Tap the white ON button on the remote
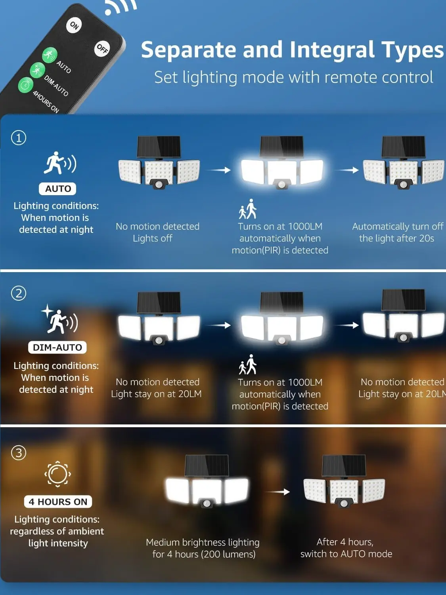(x=74, y=25)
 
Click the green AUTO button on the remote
(x=50, y=55)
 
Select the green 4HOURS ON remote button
(x=26, y=85)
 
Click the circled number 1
(x=19, y=138)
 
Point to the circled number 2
(x=19, y=293)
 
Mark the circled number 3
(x=19, y=453)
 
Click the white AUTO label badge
(x=57, y=189)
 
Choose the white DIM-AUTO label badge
(x=57, y=347)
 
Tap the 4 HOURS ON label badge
(x=58, y=501)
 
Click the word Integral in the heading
(x=332, y=50)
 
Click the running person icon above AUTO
(x=60, y=163)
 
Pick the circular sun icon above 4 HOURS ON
(x=57, y=474)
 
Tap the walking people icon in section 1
(x=248, y=209)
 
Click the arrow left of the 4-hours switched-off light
(x=277, y=491)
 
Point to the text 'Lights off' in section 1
(x=153, y=238)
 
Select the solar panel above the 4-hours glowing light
(x=207, y=465)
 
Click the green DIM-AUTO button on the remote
(x=38, y=70)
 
